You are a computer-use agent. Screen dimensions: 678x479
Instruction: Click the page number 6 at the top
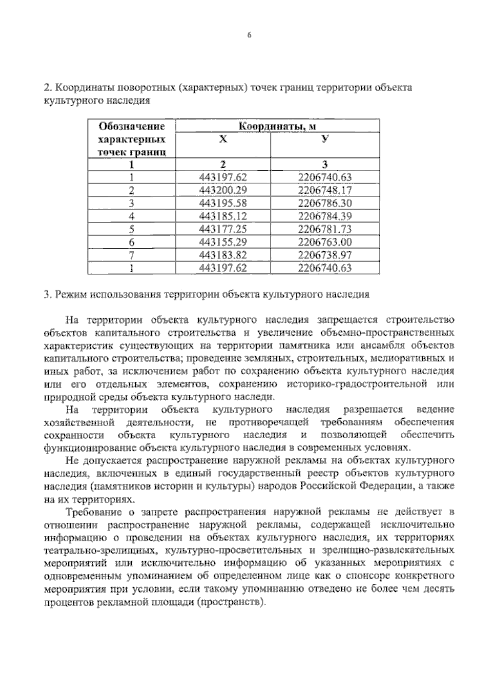click(249, 36)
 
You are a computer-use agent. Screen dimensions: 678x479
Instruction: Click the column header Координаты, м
click(277, 127)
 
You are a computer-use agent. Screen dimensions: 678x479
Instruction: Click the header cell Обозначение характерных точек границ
click(132, 139)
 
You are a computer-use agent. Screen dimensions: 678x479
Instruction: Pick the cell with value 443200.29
click(223, 190)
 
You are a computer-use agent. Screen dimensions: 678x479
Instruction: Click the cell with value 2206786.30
click(325, 203)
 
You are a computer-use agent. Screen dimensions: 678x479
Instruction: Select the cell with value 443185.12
click(223, 216)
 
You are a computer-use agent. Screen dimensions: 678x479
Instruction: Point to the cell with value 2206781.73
click(325, 229)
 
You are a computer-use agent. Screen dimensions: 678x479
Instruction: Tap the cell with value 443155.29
click(223, 242)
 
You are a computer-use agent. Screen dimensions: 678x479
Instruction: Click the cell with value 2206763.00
click(325, 242)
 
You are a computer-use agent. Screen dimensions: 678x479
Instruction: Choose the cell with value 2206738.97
click(325, 255)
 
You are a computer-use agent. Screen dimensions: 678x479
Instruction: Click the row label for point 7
click(132, 255)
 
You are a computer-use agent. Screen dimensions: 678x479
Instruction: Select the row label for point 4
click(132, 216)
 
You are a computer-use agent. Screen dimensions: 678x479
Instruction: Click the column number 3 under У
click(325, 164)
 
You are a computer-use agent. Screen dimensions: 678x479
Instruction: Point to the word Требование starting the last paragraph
click(93, 512)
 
